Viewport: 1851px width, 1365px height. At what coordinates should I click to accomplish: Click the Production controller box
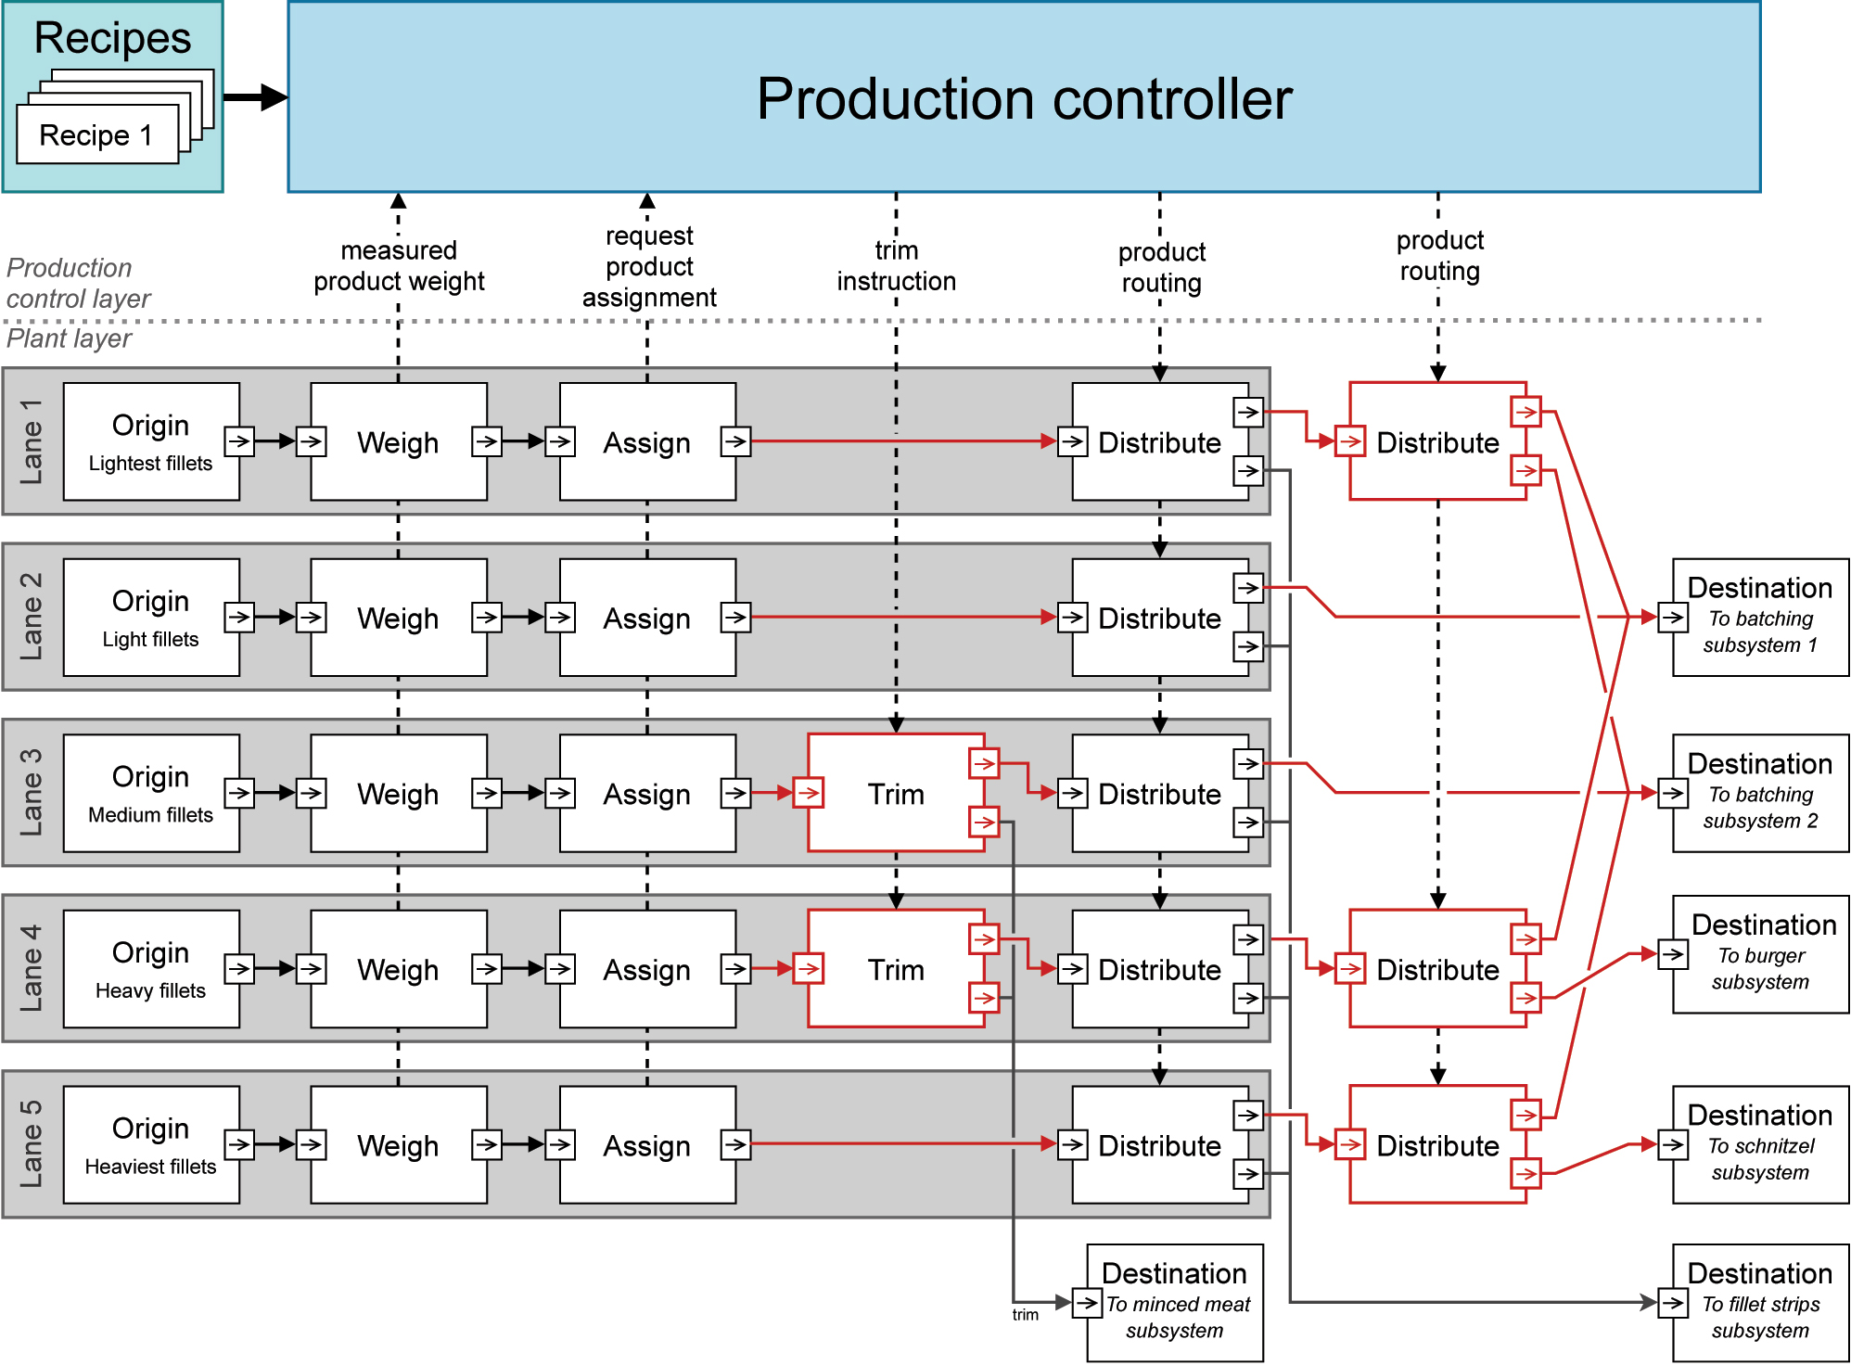coord(1024,97)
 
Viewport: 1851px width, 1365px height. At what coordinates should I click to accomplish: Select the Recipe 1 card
coord(96,135)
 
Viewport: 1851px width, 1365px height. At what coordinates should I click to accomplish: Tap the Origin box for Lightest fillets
coord(150,441)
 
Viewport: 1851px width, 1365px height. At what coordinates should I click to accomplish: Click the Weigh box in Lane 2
coord(398,618)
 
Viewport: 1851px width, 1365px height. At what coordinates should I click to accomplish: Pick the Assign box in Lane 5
coord(647,1145)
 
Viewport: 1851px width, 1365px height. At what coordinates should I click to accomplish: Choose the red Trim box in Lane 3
coord(895,793)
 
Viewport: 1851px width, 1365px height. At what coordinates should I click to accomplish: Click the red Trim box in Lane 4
coord(895,969)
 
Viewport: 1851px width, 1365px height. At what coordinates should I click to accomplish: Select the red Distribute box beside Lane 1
coord(1437,441)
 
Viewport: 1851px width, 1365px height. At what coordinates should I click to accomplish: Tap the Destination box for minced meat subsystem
coord(1175,1303)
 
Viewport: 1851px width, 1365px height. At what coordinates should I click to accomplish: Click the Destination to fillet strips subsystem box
coord(1760,1303)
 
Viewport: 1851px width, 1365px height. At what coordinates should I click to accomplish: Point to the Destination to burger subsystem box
coord(1760,954)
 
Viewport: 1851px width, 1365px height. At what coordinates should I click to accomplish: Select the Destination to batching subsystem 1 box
coord(1760,618)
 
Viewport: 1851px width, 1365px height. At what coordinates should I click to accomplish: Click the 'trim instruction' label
coord(896,266)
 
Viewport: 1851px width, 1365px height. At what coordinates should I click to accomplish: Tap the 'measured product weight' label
coord(399,266)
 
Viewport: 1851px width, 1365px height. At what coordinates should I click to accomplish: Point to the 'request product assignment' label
coord(649,267)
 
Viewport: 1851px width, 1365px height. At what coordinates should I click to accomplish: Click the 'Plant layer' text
coord(69,338)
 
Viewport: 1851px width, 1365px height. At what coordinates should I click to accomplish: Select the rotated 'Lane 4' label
coord(32,968)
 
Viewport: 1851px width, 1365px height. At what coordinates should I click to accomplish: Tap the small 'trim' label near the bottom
coord(1025,1315)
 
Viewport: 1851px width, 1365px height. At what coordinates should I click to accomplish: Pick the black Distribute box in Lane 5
coord(1159,1145)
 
